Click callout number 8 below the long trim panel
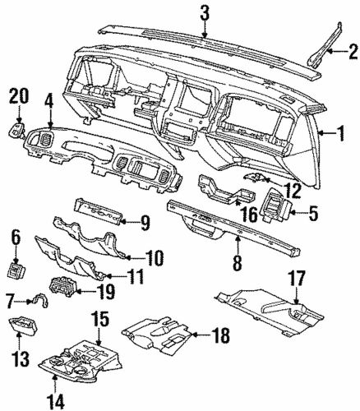[237, 264]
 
